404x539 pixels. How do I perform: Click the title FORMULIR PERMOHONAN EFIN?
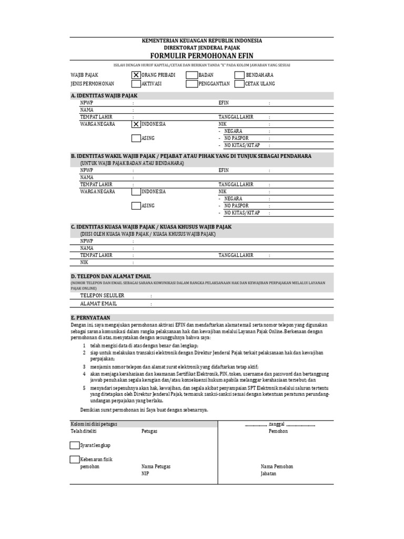pyautogui.click(x=202, y=55)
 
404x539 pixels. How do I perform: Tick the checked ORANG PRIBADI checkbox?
pyautogui.click(x=136, y=75)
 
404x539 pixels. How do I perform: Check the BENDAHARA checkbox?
pyautogui.click(x=239, y=75)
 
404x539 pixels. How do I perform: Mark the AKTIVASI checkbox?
pyautogui.click(x=136, y=84)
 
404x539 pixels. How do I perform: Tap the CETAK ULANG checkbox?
pyautogui.click(x=239, y=84)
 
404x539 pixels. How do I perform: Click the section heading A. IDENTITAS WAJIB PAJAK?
pyautogui.click(x=104, y=96)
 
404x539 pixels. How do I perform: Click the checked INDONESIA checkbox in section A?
pyautogui.click(x=136, y=124)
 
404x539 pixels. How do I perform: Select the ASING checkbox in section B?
pyautogui.click(x=136, y=206)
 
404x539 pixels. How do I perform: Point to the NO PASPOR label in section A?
pyautogui.click(x=236, y=138)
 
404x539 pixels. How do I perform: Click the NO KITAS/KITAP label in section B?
pyautogui.click(x=242, y=213)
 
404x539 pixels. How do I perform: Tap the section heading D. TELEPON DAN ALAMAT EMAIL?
pyautogui.click(x=111, y=276)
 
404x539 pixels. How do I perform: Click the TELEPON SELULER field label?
pyautogui.click(x=102, y=296)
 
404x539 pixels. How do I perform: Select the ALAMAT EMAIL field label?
pyautogui.click(x=98, y=304)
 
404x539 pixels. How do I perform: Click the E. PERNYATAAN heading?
pyautogui.click(x=90, y=318)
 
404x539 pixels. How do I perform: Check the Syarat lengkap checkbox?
pyautogui.click(x=74, y=445)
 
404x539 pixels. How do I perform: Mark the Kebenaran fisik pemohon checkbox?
pyautogui.click(x=74, y=459)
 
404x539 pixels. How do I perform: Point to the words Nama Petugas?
pyautogui.click(x=156, y=467)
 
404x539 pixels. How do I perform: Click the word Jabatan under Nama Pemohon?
pyautogui.click(x=268, y=474)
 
